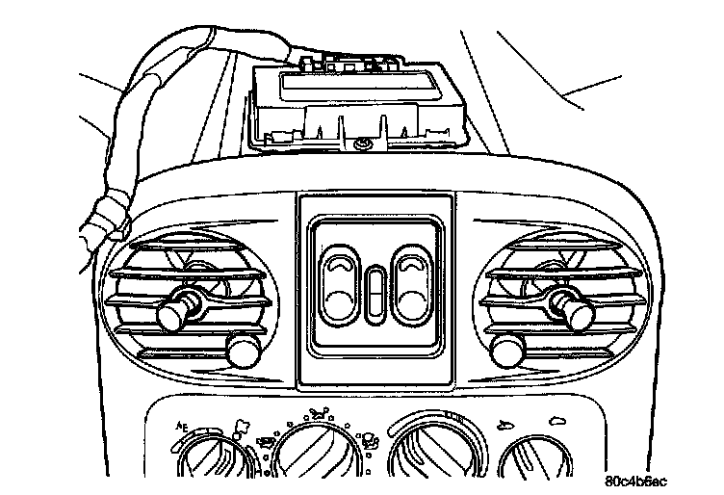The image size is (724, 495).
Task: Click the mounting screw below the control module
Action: click(x=362, y=143)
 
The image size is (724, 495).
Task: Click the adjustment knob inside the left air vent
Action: click(x=175, y=310)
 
